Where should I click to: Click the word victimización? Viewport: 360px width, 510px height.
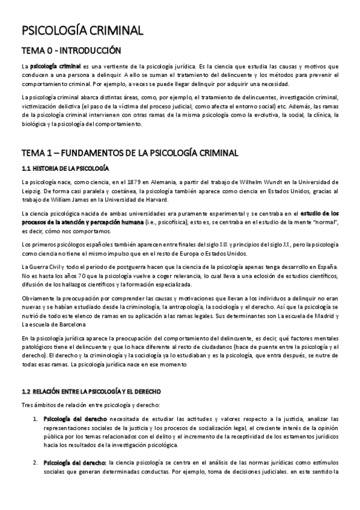point(39,106)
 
